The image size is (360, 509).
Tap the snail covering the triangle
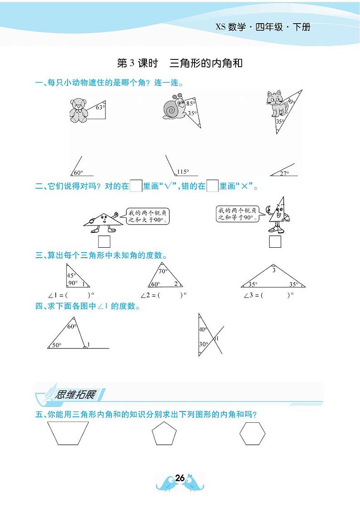(174, 108)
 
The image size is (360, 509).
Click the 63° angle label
(100, 108)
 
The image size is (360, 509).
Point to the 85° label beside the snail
(190, 104)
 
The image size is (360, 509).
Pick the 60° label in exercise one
(78, 173)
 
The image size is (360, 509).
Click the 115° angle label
(183, 172)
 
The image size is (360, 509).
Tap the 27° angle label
(284, 173)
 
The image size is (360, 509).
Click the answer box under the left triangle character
(104, 241)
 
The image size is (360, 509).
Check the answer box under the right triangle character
(275, 241)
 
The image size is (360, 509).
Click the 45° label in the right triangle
(71, 275)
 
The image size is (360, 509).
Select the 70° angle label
(163, 271)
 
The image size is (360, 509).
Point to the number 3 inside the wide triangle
(273, 270)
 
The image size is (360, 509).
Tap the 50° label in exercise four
(56, 345)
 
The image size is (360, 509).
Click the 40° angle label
(203, 330)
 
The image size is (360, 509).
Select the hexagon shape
(252, 434)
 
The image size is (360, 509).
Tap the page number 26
(180, 478)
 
